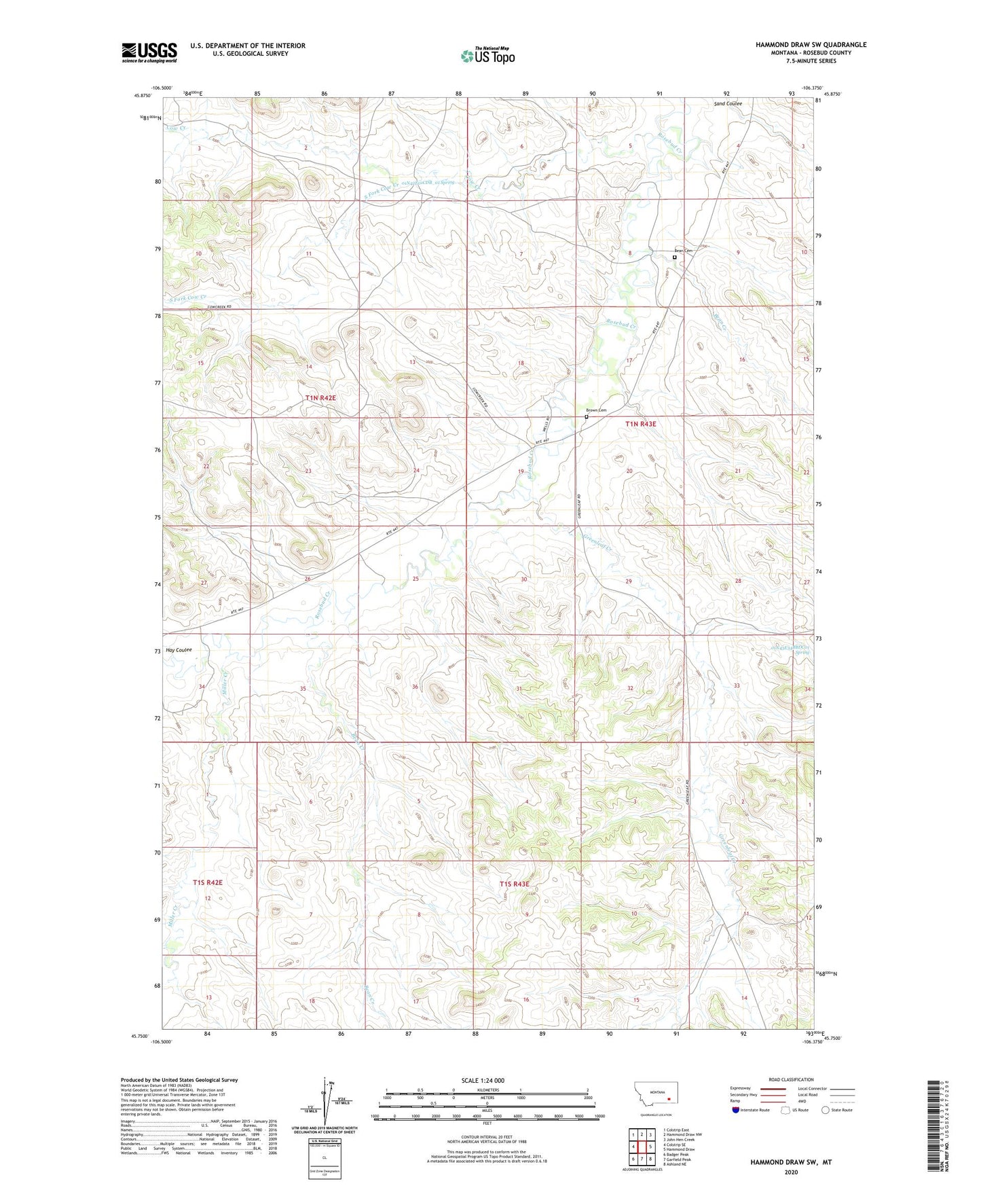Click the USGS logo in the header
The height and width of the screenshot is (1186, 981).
(149, 52)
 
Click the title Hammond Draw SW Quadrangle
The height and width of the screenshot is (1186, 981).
(811, 44)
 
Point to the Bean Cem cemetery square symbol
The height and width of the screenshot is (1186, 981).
(674, 257)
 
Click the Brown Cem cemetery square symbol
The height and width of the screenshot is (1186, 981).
(587, 417)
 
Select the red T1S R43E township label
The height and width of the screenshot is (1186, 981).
(514, 884)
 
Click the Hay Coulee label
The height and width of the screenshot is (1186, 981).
(179, 649)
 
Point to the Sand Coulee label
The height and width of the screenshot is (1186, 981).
(728, 104)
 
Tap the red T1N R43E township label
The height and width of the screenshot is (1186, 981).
(641, 423)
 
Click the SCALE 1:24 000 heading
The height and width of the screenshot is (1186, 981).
(483, 1080)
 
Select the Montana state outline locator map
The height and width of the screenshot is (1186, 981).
(655, 1098)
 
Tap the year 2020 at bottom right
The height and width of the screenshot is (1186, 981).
(790, 1172)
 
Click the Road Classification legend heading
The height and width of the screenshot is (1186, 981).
(791, 1079)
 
